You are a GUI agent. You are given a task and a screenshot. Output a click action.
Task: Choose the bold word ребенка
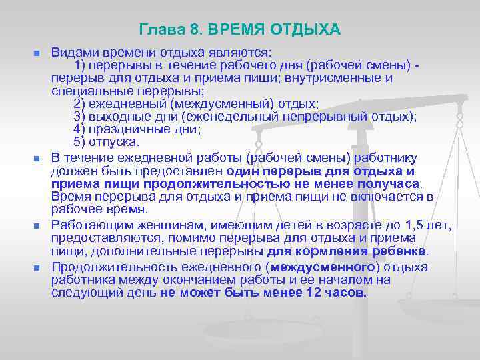click(x=393, y=251)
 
